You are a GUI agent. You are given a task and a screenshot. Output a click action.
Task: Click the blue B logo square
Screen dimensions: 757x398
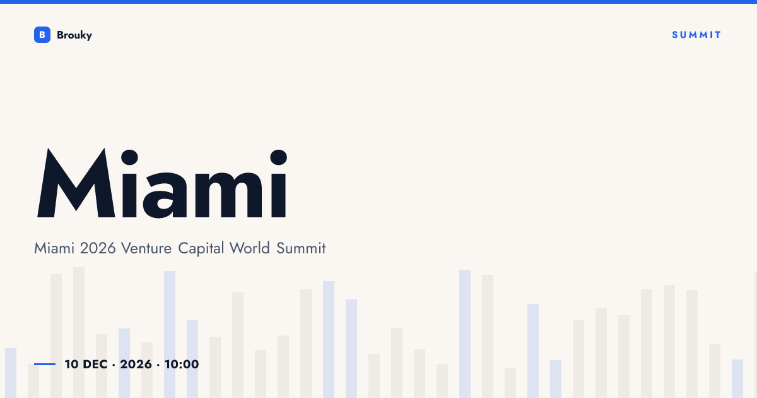(x=42, y=35)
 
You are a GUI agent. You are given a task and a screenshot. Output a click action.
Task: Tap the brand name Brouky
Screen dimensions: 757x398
(x=74, y=35)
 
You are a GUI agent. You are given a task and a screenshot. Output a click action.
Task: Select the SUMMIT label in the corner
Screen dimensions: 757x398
(x=696, y=35)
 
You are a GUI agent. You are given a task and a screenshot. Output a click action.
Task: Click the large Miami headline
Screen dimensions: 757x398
(x=162, y=183)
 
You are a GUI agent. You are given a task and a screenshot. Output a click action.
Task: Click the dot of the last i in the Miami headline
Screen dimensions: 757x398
(x=279, y=158)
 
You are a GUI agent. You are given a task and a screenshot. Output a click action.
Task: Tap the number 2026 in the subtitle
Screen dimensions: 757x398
(x=98, y=248)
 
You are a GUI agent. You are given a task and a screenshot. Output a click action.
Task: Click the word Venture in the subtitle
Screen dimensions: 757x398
(x=146, y=248)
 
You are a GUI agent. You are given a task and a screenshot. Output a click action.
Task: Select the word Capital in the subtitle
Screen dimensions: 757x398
(x=201, y=249)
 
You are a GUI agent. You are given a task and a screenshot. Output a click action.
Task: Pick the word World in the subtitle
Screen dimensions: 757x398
(x=250, y=248)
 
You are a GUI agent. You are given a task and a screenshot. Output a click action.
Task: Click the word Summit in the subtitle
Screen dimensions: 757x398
(x=301, y=248)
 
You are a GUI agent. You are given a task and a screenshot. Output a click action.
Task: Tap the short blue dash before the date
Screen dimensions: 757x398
(x=45, y=364)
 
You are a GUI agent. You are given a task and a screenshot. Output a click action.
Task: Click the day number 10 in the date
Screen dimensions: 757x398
(x=72, y=365)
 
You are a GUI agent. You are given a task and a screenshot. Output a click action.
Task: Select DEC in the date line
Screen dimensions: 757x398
(x=95, y=365)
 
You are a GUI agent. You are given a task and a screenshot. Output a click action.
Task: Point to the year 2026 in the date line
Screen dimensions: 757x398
(x=136, y=365)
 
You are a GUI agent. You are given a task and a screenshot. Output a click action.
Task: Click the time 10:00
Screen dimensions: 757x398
(x=182, y=365)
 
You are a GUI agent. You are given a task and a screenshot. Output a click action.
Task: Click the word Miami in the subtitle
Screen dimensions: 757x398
(x=54, y=248)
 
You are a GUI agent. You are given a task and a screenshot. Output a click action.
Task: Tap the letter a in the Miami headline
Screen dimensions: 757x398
(x=165, y=195)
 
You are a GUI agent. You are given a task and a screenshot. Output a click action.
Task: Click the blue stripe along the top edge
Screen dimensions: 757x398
(x=378, y=2)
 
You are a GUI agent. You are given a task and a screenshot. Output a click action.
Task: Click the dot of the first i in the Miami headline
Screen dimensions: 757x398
(x=129, y=158)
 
